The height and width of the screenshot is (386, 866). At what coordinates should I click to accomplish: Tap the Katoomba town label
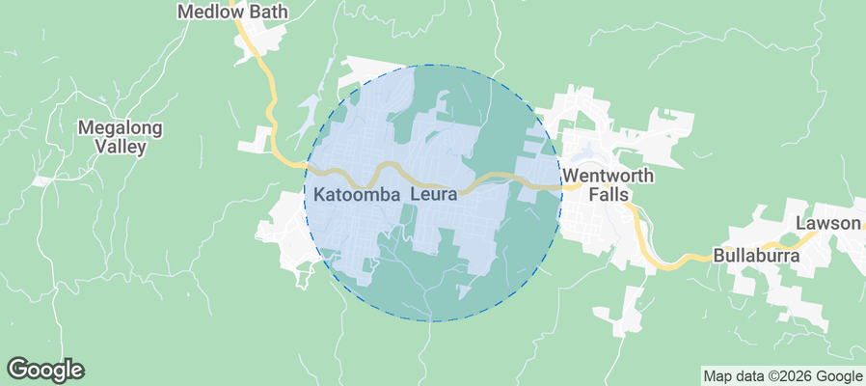[x=357, y=195]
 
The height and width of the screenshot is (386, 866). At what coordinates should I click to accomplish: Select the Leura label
[x=433, y=195]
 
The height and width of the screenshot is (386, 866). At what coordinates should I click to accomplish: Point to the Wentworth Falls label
[x=609, y=185]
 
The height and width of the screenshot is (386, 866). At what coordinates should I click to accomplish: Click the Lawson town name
[x=827, y=224]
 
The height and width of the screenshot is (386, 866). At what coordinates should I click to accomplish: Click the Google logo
[x=45, y=369]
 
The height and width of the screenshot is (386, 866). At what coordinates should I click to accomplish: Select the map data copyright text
[x=782, y=376]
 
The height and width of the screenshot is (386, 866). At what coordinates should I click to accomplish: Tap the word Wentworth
[x=609, y=177]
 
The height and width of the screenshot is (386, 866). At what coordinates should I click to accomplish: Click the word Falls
[x=609, y=195]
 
